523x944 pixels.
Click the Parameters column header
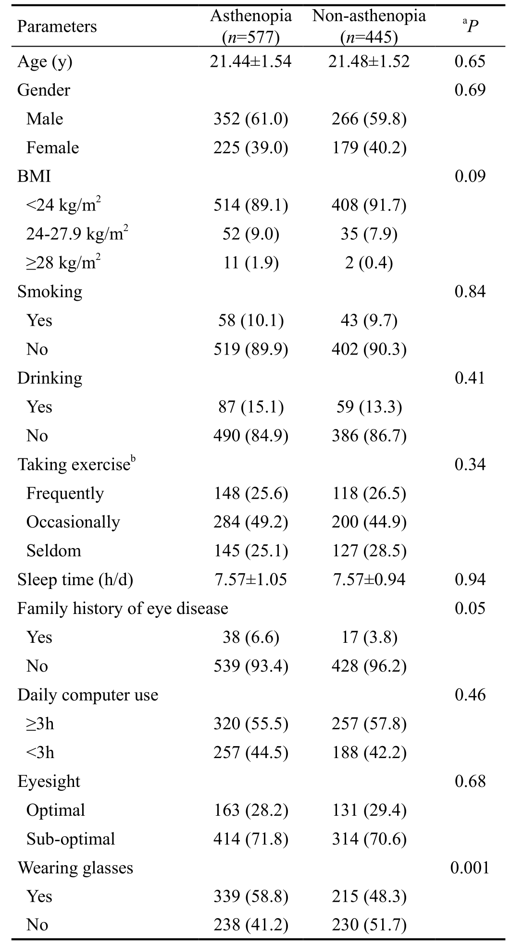coord(57,26)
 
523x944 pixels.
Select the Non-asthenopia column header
coord(369,26)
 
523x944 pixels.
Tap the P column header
coord(470,26)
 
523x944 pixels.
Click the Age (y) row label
coord(45,62)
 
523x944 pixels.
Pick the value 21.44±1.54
coord(250,61)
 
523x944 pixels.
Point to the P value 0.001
coord(470,868)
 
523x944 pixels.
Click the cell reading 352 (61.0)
coord(250,119)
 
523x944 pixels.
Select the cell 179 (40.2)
coord(369,148)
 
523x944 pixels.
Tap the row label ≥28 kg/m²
coord(63,262)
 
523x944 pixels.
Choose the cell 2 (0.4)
coord(369,263)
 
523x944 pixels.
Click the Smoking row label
coord(50,292)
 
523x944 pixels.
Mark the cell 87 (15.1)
coord(250,407)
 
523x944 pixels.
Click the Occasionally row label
coord(73,523)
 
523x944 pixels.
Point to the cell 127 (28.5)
coord(369,551)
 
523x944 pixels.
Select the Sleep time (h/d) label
coord(75,580)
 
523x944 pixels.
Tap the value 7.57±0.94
coord(369,579)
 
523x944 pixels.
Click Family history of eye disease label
coord(123,609)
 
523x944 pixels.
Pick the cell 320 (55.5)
coord(250,724)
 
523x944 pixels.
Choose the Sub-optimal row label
coord(71,839)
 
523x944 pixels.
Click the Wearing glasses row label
coord(75,868)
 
